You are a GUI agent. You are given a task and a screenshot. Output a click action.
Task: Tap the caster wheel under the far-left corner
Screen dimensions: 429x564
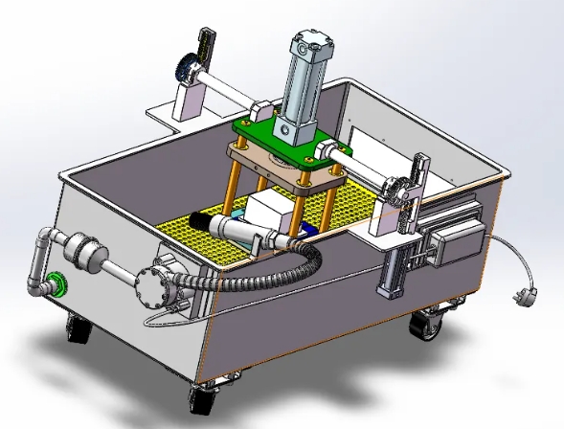click(78, 331)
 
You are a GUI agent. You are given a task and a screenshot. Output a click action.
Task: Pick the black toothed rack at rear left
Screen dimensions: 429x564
click(202, 44)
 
